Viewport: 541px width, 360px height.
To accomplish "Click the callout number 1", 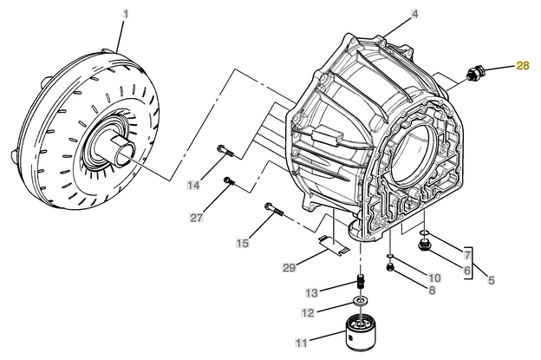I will point(126,14).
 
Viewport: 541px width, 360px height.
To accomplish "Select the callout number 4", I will point(414,14).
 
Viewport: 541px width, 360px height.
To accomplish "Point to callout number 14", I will point(192,185).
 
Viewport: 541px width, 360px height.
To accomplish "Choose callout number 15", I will point(243,244).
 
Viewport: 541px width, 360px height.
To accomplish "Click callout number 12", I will point(308,312).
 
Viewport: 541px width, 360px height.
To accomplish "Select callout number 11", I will point(302,344).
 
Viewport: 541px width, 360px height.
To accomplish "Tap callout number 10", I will point(433,278).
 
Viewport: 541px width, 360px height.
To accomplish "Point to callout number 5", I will point(491,280).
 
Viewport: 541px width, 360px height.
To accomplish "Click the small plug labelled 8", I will point(390,267).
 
